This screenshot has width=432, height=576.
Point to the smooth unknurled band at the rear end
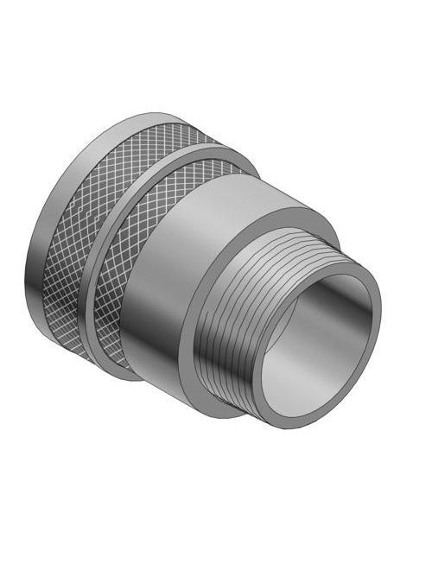pyautogui.click(x=39, y=259)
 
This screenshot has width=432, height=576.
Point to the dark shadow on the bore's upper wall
pyautogui.click(x=311, y=302)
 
